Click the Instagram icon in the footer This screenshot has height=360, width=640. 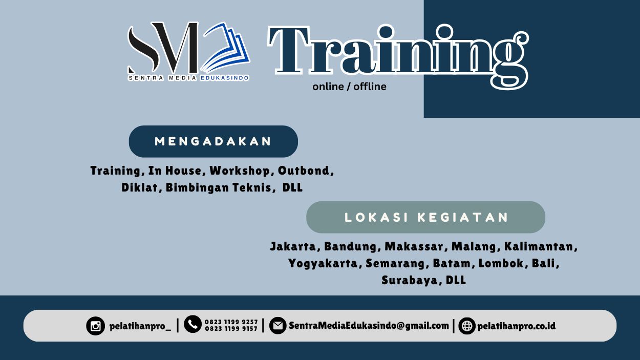[95, 326]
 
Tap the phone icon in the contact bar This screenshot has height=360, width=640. [193, 324]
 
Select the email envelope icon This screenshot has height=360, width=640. [278, 326]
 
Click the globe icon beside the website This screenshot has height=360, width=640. [467, 326]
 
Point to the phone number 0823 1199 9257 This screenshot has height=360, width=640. [231, 322]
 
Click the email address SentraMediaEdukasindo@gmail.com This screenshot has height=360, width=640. [369, 326]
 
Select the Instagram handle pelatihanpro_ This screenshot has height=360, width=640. [140, 326]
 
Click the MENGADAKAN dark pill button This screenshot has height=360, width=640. [213, 141]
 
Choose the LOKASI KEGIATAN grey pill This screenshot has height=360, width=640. [425, 217]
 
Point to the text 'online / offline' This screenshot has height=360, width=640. [349, 87]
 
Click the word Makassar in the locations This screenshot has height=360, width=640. [414, 247]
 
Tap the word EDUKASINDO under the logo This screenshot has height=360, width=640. [224, 78]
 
